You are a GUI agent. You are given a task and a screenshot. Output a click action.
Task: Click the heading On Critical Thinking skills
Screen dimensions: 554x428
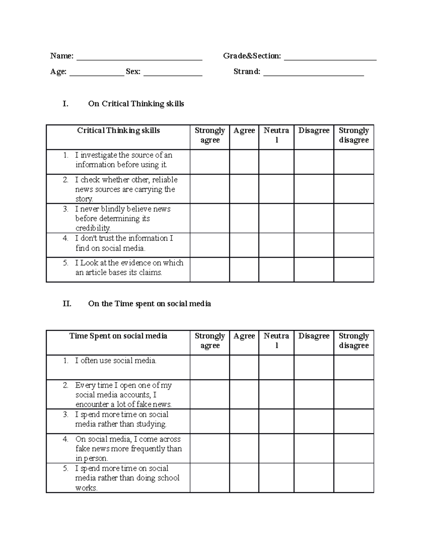pos(136,104)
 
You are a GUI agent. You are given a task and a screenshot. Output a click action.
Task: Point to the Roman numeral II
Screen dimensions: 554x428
pos(67,304)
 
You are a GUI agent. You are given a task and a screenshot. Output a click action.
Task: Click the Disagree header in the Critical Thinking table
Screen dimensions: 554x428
pos(314,131)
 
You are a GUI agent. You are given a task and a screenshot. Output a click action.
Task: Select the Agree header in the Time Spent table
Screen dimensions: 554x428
pos(244,336)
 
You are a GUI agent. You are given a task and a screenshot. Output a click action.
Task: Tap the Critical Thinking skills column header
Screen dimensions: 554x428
pos(118,131)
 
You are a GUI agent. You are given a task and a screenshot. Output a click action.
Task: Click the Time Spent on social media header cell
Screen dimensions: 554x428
pos(118,336)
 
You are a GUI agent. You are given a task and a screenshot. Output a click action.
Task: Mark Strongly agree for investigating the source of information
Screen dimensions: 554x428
pos(210,162)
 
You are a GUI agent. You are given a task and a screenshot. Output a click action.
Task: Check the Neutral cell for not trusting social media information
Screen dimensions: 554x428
pos(276,245)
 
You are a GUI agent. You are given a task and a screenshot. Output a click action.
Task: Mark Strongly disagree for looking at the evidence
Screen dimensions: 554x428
pos(353,270)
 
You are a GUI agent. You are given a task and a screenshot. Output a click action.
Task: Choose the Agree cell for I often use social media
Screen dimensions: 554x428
pos(244,367)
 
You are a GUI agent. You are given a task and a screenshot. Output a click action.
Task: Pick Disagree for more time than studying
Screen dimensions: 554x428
pos(314,421)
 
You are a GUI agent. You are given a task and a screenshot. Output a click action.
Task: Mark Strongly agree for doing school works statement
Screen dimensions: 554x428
pos(210,478)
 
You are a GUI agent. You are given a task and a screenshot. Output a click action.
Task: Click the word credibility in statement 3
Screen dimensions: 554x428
pos(93,228)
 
